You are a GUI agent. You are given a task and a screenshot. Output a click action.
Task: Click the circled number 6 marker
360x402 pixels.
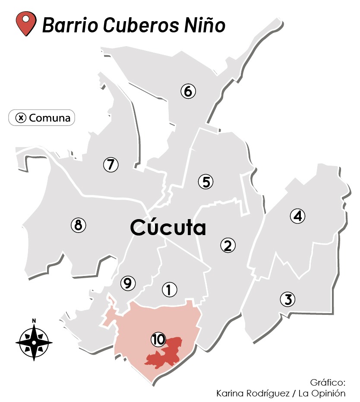188,91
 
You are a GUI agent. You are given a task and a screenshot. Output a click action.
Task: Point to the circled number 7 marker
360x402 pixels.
111,164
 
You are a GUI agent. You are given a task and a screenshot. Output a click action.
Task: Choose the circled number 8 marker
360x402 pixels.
78,225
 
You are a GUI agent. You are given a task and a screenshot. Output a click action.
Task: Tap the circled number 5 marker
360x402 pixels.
206,182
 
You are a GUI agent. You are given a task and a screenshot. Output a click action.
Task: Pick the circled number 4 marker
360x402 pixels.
297,216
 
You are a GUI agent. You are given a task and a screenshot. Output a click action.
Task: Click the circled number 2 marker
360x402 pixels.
228,245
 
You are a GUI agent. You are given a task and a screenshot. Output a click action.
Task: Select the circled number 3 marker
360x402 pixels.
287,299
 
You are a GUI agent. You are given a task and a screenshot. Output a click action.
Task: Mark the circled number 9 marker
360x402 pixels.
127,283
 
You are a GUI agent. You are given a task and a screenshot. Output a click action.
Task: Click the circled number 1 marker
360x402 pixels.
169,290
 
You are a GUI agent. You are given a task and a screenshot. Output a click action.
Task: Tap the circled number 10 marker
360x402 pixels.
158,339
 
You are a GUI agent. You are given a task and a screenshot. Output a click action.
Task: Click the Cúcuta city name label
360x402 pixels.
168,228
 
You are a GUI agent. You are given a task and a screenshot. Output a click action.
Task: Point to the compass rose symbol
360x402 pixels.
34,343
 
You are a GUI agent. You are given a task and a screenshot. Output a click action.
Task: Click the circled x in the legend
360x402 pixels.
21,117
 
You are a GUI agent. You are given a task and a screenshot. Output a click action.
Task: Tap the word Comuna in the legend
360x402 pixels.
49,117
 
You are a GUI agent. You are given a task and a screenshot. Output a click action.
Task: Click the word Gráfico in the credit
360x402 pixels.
328,383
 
